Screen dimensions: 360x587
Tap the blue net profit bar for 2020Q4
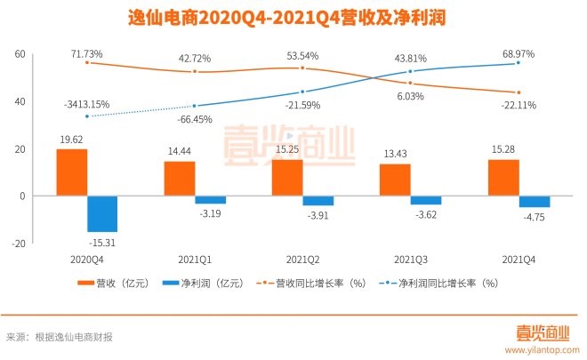102,213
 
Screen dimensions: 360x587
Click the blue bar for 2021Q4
535,201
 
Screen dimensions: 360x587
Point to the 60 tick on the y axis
19,55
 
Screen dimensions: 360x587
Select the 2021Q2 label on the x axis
303,259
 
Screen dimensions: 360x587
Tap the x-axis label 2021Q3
411,259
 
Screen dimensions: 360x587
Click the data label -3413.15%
86,104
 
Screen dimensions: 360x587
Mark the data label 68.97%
519,55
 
